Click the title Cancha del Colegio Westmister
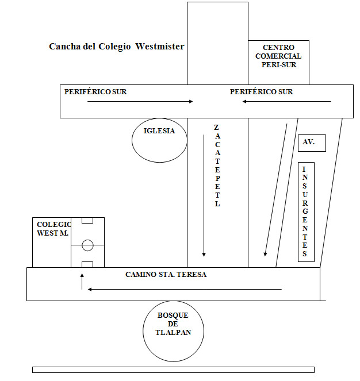coord(117,47)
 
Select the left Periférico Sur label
coord(95,91)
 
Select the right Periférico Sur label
coord(261,91)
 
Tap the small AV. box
coord(312,143)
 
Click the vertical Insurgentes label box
coord(306,213)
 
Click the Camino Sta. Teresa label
coord(166,275)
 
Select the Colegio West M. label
coord(51,229)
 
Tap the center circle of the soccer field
coord(87,245)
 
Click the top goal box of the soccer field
coord(87,220)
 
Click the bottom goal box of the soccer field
coord(87,264)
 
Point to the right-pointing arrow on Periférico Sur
coord(140,102)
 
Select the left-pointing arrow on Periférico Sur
coord(286,102)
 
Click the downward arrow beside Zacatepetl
coord(204,195)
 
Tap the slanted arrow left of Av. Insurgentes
coord(275,190)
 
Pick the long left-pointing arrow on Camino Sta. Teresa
coord(184,289)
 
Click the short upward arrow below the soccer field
coord(82,281)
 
